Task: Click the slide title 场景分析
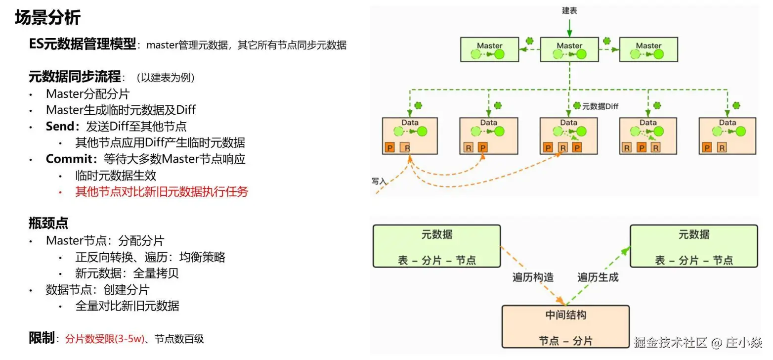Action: click(47, 18)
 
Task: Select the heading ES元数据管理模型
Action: click(82, 45)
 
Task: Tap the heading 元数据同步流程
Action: click(75, 77)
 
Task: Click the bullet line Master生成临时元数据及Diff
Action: click(121, 110)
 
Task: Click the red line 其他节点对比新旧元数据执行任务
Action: click(161, 191)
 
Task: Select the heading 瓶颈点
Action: click(48, 223)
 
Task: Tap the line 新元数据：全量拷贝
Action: click(127, 273)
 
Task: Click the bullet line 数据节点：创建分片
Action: click(97, 289)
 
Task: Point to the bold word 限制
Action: click(42, 338)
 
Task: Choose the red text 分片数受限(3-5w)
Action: click(104, 339)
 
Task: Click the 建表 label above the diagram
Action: click(569, 10)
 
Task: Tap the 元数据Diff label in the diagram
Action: click(600, 106)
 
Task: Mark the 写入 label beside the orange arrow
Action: click(379, 181)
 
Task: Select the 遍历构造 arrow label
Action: click(533, 277)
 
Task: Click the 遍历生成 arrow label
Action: click(598, 277)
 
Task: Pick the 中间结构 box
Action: click(565, 327)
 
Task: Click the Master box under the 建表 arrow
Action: click(569, 49)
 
